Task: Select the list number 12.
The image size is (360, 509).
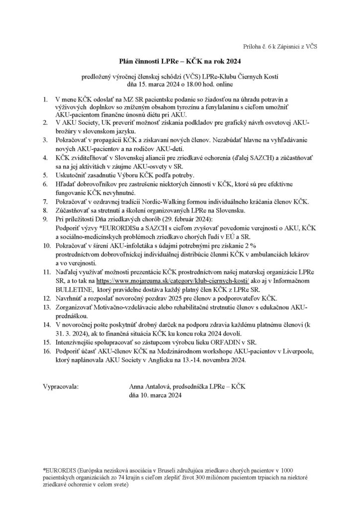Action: (x=47, y=298)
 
